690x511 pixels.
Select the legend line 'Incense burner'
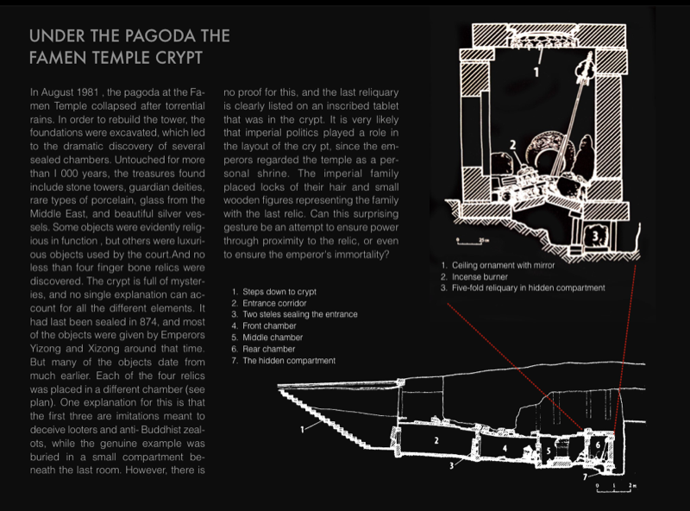[477, 275]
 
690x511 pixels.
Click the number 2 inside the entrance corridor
[437, 440]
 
